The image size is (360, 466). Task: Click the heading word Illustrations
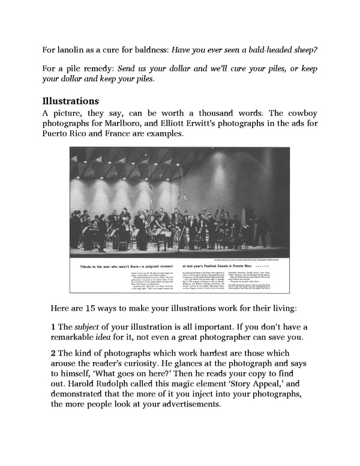pyautogui.click(x=70, y=101)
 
